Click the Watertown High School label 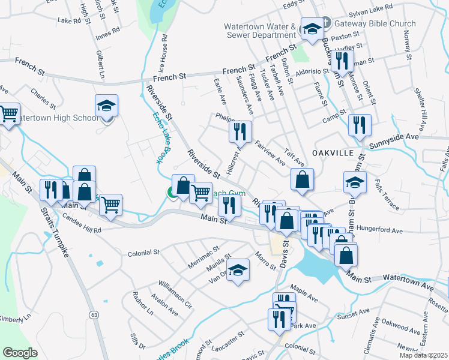pyautogui.click(x=58, y=118)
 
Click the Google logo pyautogui.click(x=20, y=353)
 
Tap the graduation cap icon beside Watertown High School pyautogui.click(x=106, y=107)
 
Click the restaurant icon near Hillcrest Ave pyautogui.click(x=240, y=131)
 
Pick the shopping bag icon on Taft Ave pyautogui.click(x=302, y=179)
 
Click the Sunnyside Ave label pyautogui.click(x=394, y=140)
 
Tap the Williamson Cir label pyautogui.click(x=175, y=294)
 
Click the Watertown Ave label pyautogui.click(x=410, y=280)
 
